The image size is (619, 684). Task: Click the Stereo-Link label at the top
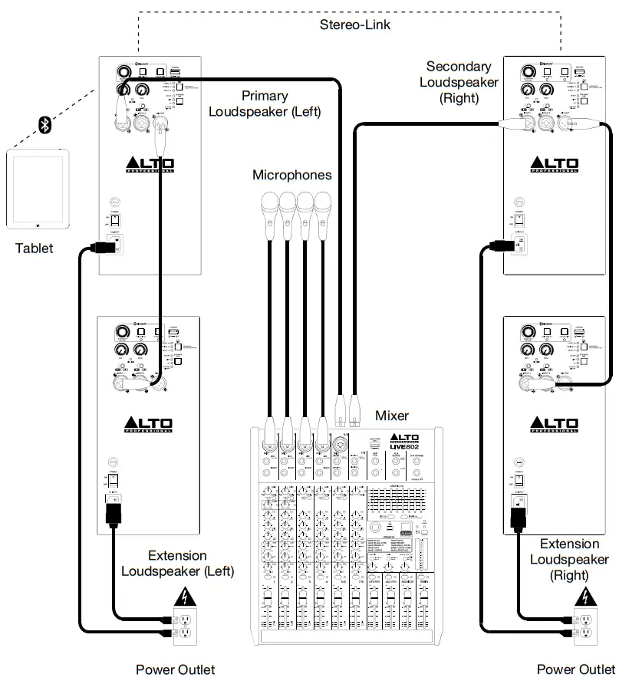(x=355, y=25)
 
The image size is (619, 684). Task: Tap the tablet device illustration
(x=38, y=190)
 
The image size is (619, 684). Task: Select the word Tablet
(x=35, y=248)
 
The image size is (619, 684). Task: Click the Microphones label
(x=292, y=175)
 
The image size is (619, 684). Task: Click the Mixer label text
(x=392, y=416)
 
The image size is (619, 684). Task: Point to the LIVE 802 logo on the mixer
(x=414, y=447)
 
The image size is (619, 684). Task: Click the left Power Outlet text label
(x=176, y=669)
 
